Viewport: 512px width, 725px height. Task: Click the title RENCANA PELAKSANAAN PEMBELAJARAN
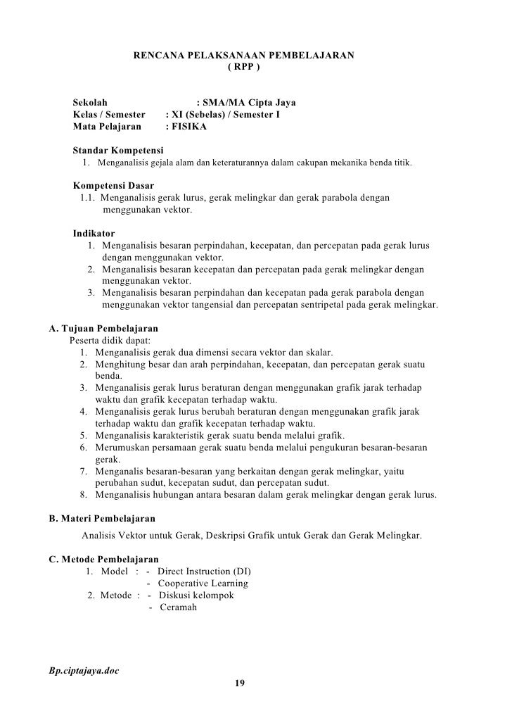click(x=244, y=56)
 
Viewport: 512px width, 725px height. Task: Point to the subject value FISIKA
click(x=190, y=127)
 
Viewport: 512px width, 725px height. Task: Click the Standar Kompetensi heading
click(x=118, y=151)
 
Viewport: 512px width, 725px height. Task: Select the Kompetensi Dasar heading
click(x=114, y=186)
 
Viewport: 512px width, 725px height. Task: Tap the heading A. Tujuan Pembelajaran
click(x=103, y=329)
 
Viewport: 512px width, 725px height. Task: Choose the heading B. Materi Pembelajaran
click(x=101, y=519)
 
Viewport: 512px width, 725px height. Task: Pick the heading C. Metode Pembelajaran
click(x=103, y=559)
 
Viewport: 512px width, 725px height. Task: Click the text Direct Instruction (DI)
click(x=204, y=571)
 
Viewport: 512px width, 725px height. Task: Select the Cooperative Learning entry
click(x=203, y=584)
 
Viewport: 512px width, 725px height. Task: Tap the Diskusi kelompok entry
click(x=196, y=595)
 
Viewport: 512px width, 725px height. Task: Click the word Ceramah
click(x=179, y=607)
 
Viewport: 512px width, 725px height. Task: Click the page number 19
click(x=240, y=683)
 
